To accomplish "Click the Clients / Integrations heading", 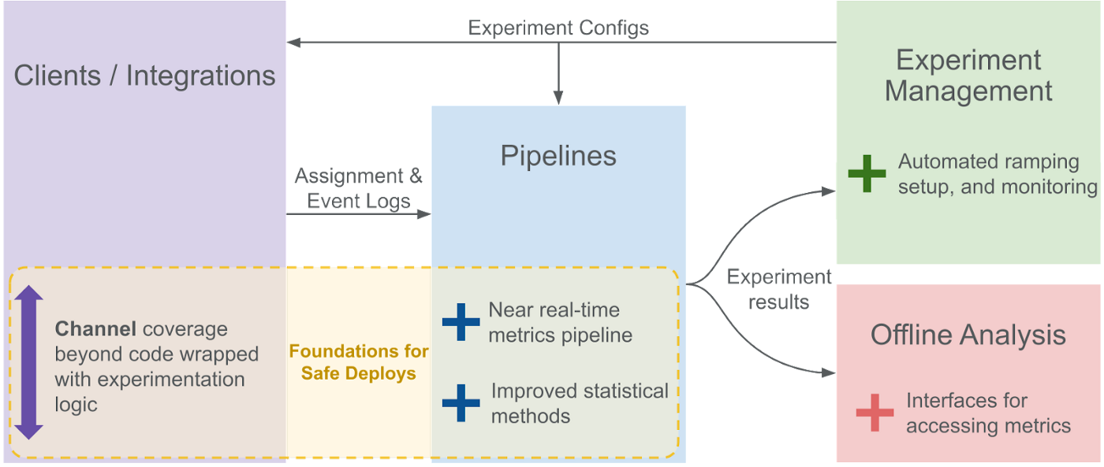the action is [144, 76].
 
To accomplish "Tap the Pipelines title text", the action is [558, 156].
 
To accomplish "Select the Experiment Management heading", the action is [968, 76].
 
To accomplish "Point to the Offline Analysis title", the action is [968, 335].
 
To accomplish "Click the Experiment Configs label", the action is [558, 28].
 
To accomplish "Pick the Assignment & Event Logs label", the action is [358, 188].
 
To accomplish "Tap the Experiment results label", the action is [779, 289].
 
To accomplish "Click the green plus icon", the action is [867, 174].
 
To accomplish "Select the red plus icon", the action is [875, 413].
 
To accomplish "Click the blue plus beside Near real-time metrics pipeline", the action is [461, 322].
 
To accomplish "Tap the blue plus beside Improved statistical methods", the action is [461, 403].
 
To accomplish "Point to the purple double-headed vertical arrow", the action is [28, 362].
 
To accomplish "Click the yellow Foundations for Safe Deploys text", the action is [358, 362].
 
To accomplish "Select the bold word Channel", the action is [95, 328].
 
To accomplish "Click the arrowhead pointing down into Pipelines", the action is [558, 98].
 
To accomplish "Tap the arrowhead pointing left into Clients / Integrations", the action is [293, 43].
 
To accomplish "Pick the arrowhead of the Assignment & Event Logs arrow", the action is [424, 214].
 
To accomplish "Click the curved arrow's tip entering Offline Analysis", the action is [829, 373].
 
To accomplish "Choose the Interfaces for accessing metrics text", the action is [988, 413].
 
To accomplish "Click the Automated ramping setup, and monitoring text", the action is [998, 174].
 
